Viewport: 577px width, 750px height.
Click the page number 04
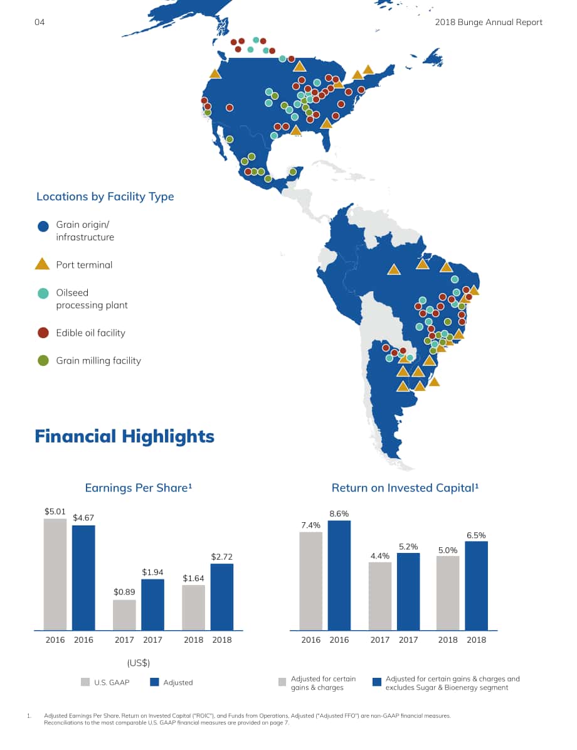pos(40,22)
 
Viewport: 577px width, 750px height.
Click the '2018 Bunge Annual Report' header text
pos(489,22)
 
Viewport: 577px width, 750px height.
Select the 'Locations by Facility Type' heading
pos(105,196)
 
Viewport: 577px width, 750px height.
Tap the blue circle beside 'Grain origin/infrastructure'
pos(43,226)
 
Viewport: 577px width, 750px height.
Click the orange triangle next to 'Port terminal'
pos(43,264)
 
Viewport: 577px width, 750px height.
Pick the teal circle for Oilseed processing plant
pos(43,293)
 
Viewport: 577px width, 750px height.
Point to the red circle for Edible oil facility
pos(43,333)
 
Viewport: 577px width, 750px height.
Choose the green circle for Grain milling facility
pos(43,360)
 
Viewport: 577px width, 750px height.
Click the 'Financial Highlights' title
pos(124,436)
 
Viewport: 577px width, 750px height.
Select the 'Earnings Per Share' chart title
pos(138,488)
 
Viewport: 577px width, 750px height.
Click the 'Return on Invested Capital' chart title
pos(405,488)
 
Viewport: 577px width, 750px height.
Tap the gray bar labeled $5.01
pos(55,574)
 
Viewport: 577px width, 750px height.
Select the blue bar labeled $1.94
pos(152,604)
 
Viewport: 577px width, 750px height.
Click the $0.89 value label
pos(124,592)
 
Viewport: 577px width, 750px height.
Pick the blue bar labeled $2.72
pos(222,597)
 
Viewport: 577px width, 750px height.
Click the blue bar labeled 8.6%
pos(339,576)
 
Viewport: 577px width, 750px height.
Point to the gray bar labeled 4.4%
pos(380,596)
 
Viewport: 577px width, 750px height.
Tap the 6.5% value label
pos(476,535)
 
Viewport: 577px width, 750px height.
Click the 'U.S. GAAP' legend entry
pos(105,683)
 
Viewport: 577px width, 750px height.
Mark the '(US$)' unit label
pos(139,663)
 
